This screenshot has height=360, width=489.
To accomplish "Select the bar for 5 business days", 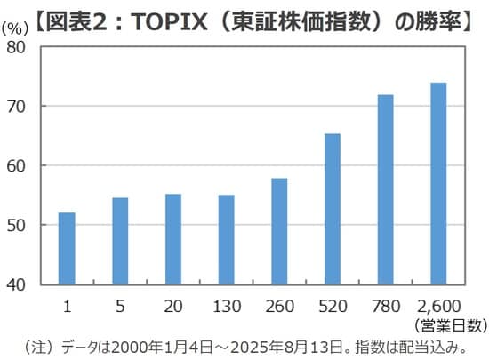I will coord(120,242).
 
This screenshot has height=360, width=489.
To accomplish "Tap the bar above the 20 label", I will coord(173,240).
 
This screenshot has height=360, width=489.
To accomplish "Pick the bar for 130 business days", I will coord(226,240).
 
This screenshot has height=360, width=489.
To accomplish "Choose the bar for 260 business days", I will coord(279,232).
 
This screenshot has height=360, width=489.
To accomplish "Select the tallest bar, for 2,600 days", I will coord(438,184).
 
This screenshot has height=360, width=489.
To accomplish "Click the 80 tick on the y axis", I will coord(25,47).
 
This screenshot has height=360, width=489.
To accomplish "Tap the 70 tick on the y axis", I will coord(25,107).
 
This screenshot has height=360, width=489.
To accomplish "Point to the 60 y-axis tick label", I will coord(25,166).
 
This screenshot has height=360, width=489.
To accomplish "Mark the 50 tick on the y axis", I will coord(25,226).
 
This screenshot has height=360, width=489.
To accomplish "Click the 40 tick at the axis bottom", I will coord(25,285).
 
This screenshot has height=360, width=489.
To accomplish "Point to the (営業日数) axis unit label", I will coord(449,325).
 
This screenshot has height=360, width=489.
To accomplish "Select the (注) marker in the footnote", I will coord(40,346).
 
